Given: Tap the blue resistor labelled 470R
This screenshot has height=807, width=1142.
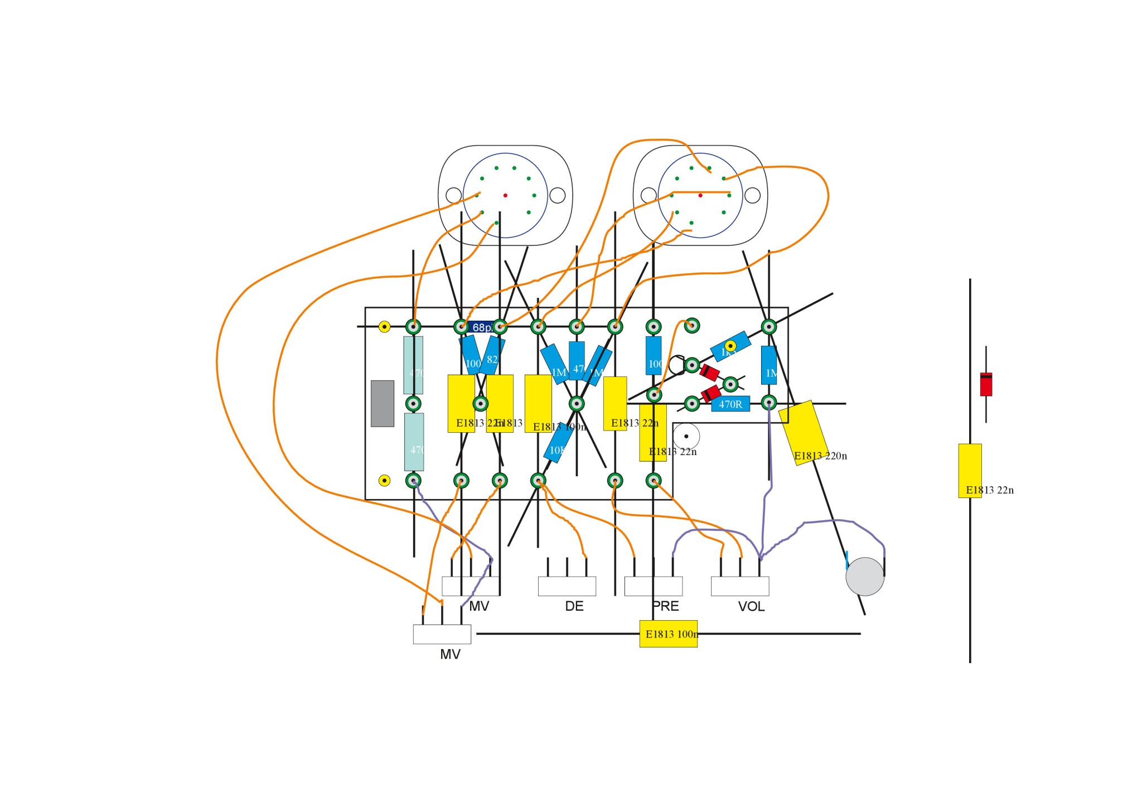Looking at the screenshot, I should pyautogui.click(x=730, y=404).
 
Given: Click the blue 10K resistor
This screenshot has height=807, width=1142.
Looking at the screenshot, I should pyautogui.click(x=558, y=444).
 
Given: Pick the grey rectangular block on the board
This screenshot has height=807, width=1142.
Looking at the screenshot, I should pyautogui.click(x=383, y=403).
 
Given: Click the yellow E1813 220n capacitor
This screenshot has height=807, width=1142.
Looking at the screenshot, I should pyautogui.click(x=804, y=432).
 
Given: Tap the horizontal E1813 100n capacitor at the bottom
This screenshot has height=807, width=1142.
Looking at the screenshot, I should pyautogui.click(x=668, y=634).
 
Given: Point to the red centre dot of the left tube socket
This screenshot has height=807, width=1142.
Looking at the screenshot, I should pyautogui.click(x=505, y=196).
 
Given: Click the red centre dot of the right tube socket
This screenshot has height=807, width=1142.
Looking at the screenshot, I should pyautogui.click(x=700, y=196).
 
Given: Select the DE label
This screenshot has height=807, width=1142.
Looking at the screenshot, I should pyautogui.click(x=574, y=606).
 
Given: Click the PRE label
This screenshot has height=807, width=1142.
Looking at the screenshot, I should pyautogui.click(x=665, y=606).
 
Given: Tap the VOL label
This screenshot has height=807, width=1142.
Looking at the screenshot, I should pyautogui.click(x=751, y=607).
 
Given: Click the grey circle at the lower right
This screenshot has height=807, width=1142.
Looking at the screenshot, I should pyautogui.click(x=865, y=576).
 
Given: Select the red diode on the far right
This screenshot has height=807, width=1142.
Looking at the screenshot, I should pyautogui.click(x=986, y=384).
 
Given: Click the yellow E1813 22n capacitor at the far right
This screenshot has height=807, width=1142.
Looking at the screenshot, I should pyautogui.click(x=970, y=470).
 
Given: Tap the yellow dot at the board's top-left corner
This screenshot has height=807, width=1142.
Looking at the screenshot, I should pyautogui.click(x=384, y=327).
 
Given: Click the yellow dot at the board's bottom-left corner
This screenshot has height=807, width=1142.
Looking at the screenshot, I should pyautogui.click(x=384, y=481).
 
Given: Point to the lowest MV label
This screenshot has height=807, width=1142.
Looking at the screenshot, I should pyautogui.click(x=450, y=655).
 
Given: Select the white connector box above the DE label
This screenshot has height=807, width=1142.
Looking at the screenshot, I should pyautogui.click(x=567, y=586).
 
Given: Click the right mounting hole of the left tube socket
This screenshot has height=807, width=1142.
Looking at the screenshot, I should pyautogui.click(x=557, y=196).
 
